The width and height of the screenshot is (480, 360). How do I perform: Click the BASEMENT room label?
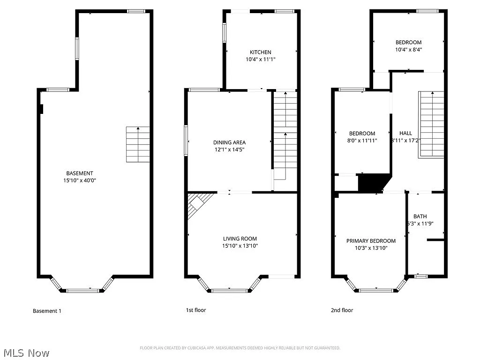pyautogui.click(x=79, y=173)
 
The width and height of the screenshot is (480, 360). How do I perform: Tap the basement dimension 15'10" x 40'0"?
pyautogui.click(x=79, y=180)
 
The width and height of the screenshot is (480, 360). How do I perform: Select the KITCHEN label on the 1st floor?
pyautogui.click(x=260, y=52)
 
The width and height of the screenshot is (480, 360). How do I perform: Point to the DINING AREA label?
pyautogui.click(x=229, y=142)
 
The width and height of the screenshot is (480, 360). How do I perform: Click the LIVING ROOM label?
pyautogui.click(x=240, y=239)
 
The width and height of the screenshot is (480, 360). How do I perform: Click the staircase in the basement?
pyautogui.click(x=138, y=144)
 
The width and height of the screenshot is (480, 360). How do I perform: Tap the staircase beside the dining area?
pyautogui.click(x=285, y=136)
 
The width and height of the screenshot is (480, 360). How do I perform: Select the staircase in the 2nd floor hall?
pyautogui.click(x=431, y=124)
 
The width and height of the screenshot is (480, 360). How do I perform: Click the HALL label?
pyautogui.click(x=405, y=133)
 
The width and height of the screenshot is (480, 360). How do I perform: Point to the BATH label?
pyautogui.click(x=420, y=216)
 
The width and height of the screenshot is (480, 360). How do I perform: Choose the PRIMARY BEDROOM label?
pyautogui.click(x=371, y=241)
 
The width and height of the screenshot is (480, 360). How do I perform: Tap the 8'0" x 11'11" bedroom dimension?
pyautogui.click(x=362, y=140)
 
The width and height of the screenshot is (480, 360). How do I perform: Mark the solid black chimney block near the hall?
pyautogui.click(x=373, y=182)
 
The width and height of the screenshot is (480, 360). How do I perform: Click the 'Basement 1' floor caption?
pyautogui.click(x=47, y=311)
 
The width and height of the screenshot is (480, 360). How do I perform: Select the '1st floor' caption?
pyautogui.click(x=196, y=310)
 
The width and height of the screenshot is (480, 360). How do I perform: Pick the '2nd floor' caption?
pyautogui.click(x=342, y=310)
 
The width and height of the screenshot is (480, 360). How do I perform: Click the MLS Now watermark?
pyautogui.click(x=26, y=352)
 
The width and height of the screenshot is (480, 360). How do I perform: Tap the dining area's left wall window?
pyautogui.click(x=186, y=140)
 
